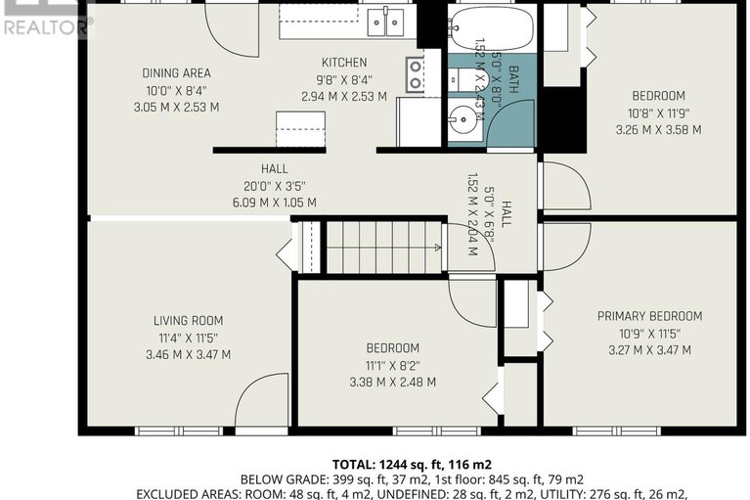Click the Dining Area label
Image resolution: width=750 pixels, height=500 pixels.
[x=176, y=73]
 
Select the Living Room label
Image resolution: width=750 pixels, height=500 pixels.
[x=188, y=320]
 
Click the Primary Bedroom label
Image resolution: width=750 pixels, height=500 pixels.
[x=649, y=316]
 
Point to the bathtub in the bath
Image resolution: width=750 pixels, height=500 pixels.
[x=493, y=29]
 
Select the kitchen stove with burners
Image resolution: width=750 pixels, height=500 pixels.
[x=416, y=74]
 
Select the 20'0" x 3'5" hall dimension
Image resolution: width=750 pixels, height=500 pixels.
[x=274, y=186]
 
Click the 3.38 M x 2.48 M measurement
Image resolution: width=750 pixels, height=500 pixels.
[x=392, y=383]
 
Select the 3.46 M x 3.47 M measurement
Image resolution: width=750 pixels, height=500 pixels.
[x=188, y=354]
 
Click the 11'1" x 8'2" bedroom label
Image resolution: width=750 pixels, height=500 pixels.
[x=392, y=366]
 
